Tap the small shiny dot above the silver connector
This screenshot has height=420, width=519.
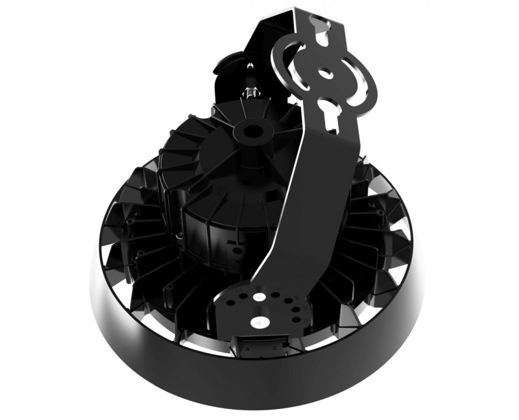click(248, 65)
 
